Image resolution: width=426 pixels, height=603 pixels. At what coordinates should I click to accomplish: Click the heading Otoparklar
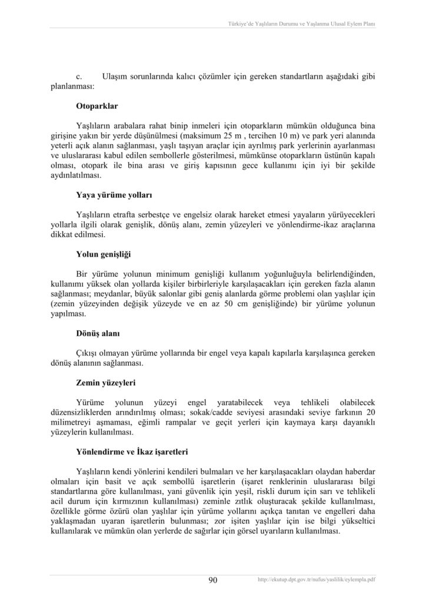coord(98,107)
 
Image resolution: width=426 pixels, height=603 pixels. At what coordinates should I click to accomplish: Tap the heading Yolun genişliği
coord(103,255)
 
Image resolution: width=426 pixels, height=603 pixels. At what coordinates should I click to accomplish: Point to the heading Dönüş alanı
coord(98,334)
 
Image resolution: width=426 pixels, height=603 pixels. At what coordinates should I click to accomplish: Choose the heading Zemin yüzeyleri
coord(106,382)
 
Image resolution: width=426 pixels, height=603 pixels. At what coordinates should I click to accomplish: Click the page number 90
coord(213,580)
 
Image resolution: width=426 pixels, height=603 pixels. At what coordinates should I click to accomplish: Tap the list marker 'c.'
coord(79,77)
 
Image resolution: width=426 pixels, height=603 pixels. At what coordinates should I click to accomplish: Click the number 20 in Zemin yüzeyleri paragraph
coord(370,411)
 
